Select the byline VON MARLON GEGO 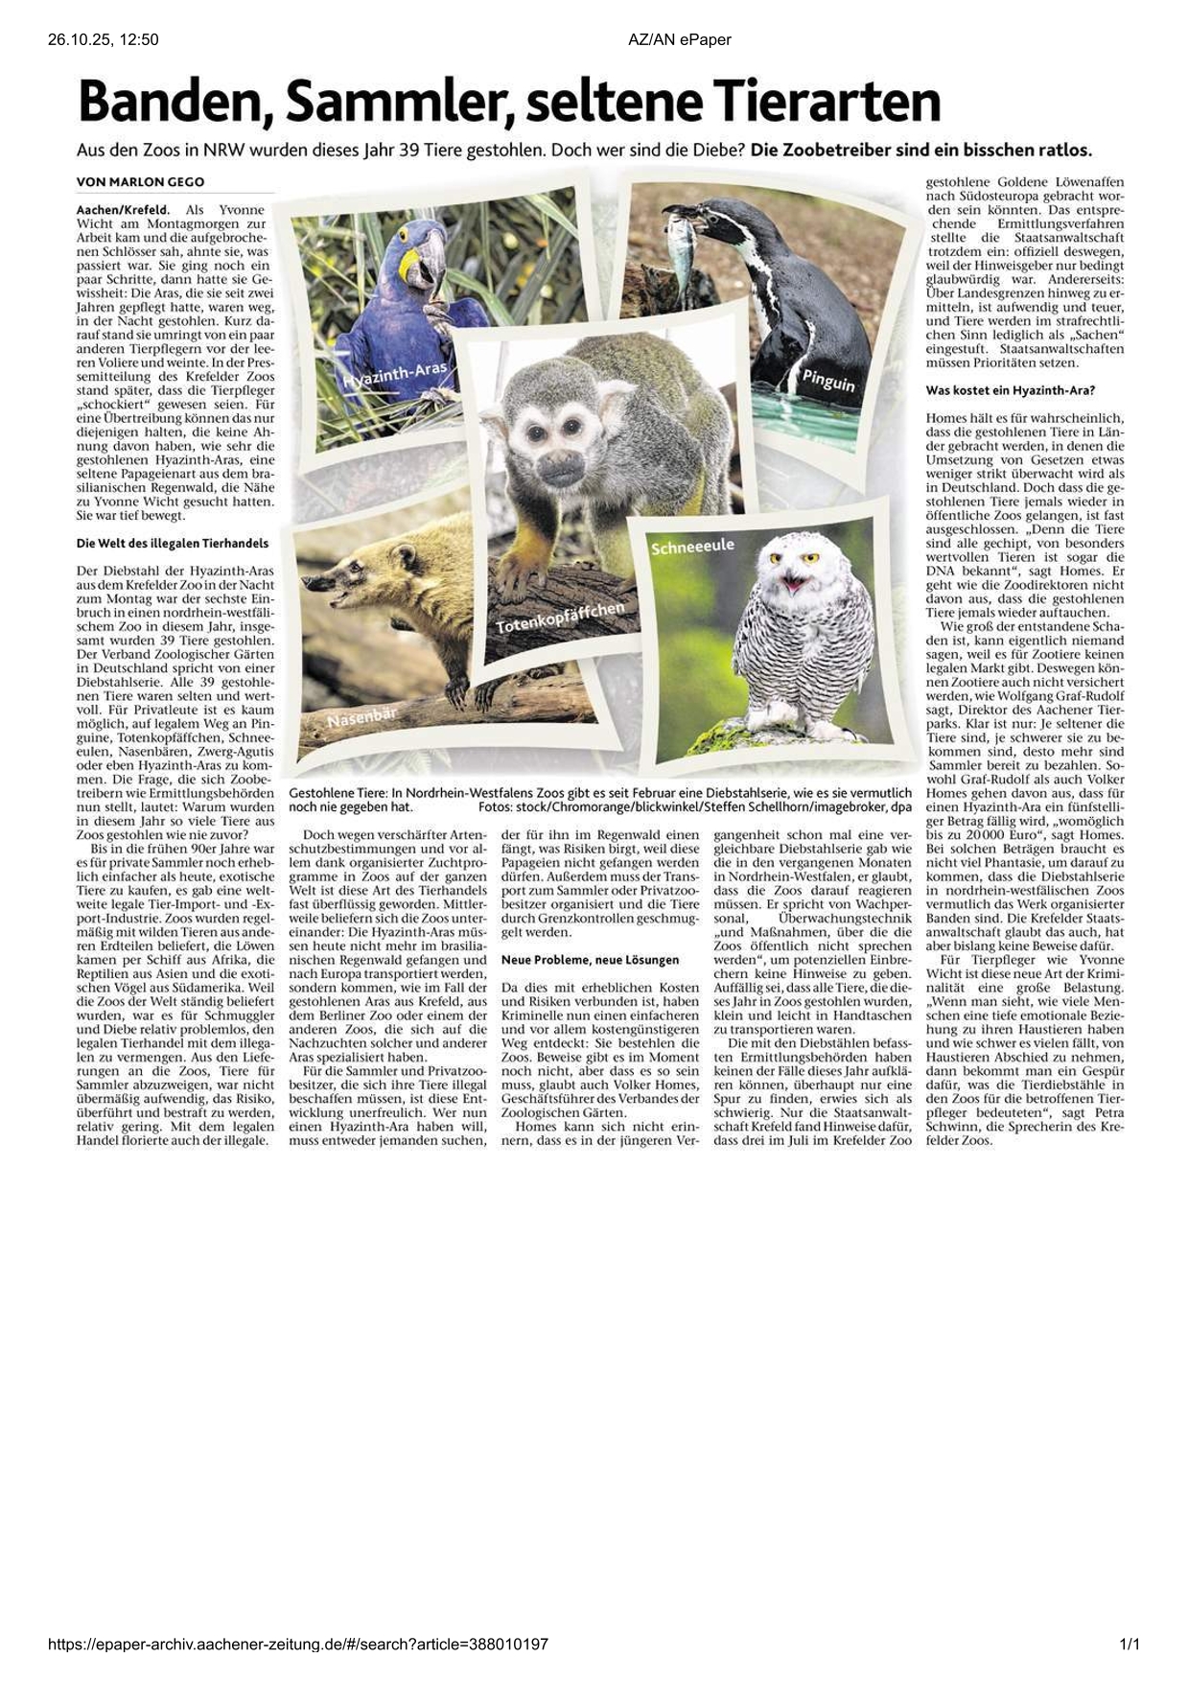140,182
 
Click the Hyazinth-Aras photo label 394,377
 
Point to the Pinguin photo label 827,381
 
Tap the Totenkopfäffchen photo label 560,618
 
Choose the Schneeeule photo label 692,547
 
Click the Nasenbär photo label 362,717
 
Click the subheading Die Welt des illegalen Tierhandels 173,543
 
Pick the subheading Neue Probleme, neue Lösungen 590,959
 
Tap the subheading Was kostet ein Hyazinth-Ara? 1010,391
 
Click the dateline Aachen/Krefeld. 123,209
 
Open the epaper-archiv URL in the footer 298,1645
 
